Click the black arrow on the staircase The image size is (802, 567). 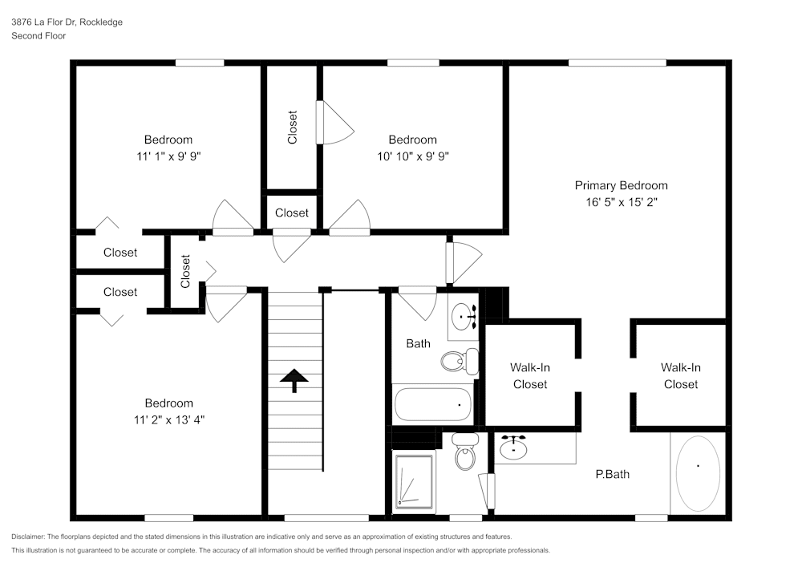pos(294,380)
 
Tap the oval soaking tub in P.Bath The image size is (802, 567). pos(698,473)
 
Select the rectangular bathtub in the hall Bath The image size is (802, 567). pos(433,404)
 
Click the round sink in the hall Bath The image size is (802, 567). pos(463,317)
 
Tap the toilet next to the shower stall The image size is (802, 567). pos(464,454)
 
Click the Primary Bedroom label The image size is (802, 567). pos(621,185)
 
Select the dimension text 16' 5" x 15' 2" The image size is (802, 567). pos(621,202)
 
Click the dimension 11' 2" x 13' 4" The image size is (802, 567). pos(168,419)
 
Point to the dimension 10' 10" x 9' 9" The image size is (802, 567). pos(412,156)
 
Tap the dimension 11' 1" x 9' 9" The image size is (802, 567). pos(168,156)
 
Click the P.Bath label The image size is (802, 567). pos(612,474)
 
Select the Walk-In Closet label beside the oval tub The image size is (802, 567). pos(680,375)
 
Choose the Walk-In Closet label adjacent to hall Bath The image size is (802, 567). pos(530,375)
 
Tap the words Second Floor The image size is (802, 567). pos(38,35)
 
